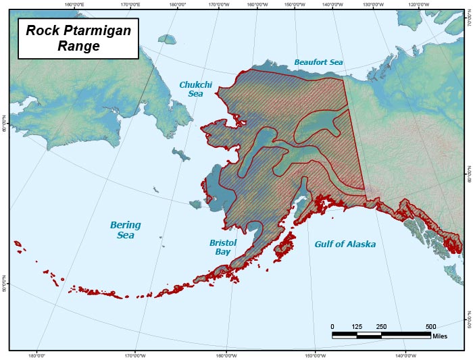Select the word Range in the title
point(78,47)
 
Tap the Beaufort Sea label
point(318,62)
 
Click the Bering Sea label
point(125,230)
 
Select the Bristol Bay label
point(223,247)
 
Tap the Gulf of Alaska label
point(345,244)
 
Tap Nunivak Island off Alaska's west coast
point(197,204)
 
